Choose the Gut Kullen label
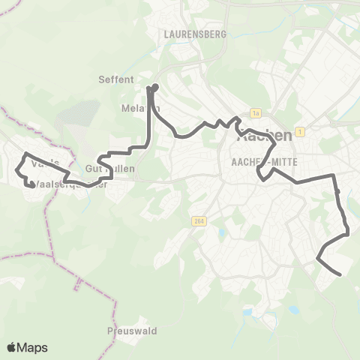pyautogui.click(x=110, y=169)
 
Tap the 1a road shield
pyautogui.click(x=256, y=113)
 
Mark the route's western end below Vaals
pyautogui.click(x=31, y=184)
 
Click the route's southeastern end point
pyautogui.click(x=340, y=274)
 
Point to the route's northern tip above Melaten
pyautogui.click(x=155, y=87)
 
